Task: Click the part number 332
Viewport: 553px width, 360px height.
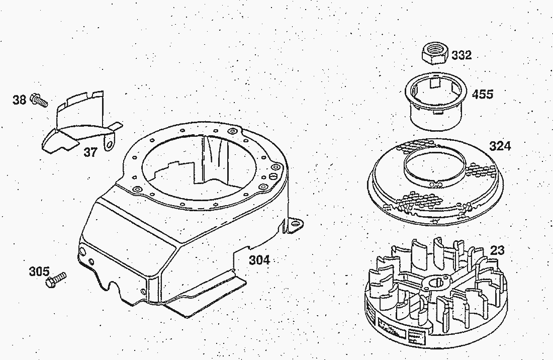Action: coord(461,55)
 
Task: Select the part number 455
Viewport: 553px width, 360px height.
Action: coord(483,94)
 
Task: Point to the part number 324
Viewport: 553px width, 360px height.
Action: coord(500,146)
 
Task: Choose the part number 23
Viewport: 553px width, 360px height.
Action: coord(497,250)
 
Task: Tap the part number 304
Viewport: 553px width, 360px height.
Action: coord(259,260)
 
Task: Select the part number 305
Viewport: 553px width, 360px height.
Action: coord(39,272)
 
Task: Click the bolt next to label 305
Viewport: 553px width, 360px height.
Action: coord(55,280)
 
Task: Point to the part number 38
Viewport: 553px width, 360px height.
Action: coord(19,100)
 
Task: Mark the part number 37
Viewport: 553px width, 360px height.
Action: coord(90,152)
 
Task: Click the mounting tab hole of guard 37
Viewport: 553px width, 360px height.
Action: coord(109,145)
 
